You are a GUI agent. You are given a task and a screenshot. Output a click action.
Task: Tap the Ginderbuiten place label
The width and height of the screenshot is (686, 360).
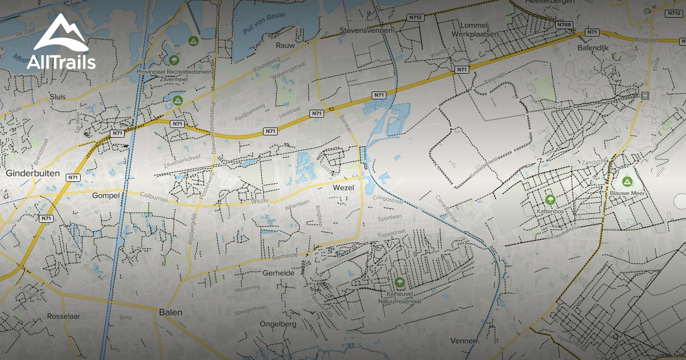click(29, 173)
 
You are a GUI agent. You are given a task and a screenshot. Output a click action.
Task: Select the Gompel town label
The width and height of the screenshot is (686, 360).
click(106, 195)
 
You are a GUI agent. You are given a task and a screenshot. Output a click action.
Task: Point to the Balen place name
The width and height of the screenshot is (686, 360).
click(171, 313)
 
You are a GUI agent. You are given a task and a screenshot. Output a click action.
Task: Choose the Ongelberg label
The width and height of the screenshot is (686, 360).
click(278, 324)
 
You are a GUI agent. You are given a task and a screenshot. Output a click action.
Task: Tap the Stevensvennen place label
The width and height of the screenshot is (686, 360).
click(366, 30)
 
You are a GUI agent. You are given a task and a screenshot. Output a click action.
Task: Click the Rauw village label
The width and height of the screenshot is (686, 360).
click(285, 45)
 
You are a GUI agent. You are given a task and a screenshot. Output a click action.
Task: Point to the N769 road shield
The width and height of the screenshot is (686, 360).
click(564, 25)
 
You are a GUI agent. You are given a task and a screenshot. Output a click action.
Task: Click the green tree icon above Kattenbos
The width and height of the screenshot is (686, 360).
click(550, 199)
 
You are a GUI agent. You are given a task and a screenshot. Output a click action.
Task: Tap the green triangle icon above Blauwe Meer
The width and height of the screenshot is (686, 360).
click(627, 182)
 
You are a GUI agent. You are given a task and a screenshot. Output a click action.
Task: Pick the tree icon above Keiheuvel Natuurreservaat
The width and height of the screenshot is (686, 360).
click(399, 282)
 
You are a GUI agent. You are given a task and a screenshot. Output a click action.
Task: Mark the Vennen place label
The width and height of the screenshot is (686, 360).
click(464, 341)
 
